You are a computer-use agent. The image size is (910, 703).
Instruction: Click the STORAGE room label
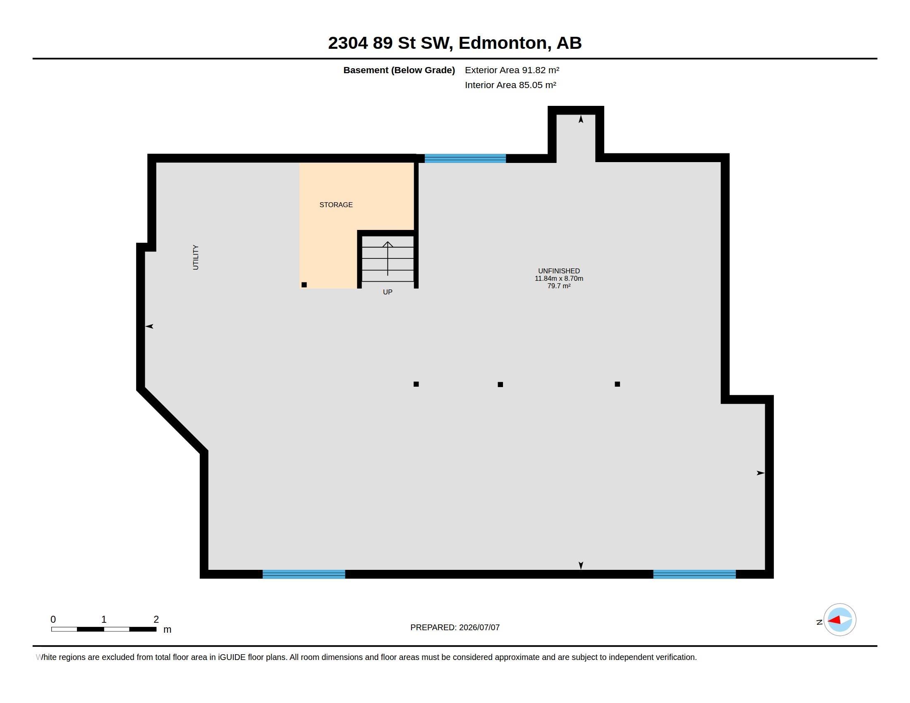(336, 204)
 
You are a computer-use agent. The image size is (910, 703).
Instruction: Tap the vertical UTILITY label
(195, 257)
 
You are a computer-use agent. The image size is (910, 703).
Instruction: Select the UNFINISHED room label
(559, 271)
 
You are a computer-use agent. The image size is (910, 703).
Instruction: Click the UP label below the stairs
(388, 292)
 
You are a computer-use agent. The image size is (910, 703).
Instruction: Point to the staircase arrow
(388, 258)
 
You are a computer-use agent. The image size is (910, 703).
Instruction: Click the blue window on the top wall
(465, 158)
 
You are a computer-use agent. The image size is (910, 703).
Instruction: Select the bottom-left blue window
(304, 574)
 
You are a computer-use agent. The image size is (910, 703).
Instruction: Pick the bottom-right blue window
(694, 574)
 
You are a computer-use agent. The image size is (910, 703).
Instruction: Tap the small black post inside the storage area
(304, 285)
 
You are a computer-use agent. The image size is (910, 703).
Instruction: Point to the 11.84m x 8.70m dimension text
(559, 278)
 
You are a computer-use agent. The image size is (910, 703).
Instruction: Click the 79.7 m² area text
(559, 286)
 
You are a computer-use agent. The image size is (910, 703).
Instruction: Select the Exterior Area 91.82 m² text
(512, 70)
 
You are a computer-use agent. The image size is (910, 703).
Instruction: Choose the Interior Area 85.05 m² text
(510, 85)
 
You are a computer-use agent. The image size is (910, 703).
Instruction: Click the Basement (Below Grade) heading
(399, 70)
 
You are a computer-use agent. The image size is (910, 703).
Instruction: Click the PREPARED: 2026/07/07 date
(455, 627)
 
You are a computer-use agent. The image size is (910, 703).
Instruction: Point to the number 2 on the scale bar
(156, 619)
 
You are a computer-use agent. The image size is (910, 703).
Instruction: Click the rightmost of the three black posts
(617, 384)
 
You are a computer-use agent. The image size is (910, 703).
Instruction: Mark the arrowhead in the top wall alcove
(581, 119)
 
